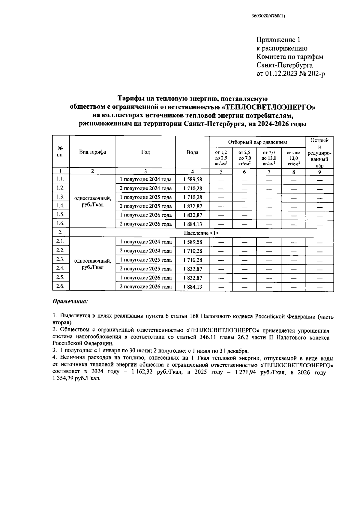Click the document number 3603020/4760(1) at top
pos(268,16)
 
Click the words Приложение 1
pos(278,40)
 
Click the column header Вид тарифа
pos(92,152)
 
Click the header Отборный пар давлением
pos(257,142)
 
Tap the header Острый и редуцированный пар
pos(319,152)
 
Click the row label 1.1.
pos(61,179)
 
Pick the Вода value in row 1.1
pos(192,179)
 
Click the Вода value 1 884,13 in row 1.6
pos(192,224)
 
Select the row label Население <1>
pos(201,233)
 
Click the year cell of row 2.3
pos(145,260)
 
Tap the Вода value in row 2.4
pos(192,269)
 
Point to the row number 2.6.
pos(61,286)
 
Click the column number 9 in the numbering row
pos(319,172)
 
